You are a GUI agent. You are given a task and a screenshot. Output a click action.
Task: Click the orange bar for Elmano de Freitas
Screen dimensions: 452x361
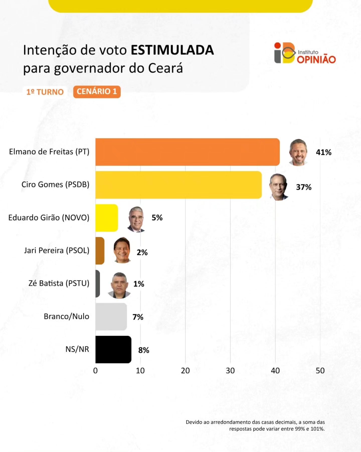click(x=187, y=152)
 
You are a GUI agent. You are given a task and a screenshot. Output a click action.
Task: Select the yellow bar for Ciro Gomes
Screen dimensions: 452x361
click(x=178, y=185)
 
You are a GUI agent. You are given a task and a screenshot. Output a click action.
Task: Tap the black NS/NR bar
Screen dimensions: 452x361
click(x=113, y=349)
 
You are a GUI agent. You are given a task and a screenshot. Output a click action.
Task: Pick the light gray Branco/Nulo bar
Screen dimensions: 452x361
click(x=111, y=316)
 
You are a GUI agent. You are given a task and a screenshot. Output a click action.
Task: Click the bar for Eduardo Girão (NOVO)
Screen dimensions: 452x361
click(x=107, y=218)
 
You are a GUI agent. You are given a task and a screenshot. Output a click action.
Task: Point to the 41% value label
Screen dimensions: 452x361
click(x=323, y=152)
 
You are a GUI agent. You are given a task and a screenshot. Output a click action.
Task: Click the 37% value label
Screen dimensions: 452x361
click(x=304, y=187)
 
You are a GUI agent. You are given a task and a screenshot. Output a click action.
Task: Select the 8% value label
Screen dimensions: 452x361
click(x=144, y=350)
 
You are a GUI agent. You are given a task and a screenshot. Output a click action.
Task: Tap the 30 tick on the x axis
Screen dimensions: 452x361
click(x=230, y=371)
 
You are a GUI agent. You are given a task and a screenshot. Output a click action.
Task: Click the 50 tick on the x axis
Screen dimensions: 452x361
click(x=320, y=371)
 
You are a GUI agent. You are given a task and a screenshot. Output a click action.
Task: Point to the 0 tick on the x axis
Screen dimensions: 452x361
click(x=95, y=371)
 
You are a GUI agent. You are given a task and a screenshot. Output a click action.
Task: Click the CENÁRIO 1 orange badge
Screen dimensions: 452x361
click(x=97, y=92)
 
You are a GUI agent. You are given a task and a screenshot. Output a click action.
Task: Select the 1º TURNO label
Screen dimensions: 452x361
click(x=45, y=92)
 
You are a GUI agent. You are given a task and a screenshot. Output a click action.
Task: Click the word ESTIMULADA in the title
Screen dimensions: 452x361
click(x=172, y=50)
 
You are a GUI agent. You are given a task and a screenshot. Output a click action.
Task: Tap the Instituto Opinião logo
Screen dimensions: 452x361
click(x=305, y=53)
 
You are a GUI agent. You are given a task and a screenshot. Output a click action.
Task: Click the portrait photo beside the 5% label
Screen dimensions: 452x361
click(x=136, y=219)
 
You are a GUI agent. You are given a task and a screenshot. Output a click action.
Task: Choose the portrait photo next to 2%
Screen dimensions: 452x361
click(x=122, y=250)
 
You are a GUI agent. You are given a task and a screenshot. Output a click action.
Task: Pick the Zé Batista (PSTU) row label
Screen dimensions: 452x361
click(x=59, y=283)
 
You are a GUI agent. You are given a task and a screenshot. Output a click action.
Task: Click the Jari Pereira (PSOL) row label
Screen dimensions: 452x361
click(x=57, y=250)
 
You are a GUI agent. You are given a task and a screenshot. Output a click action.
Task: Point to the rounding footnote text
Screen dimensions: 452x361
click(x=255, y=425)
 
